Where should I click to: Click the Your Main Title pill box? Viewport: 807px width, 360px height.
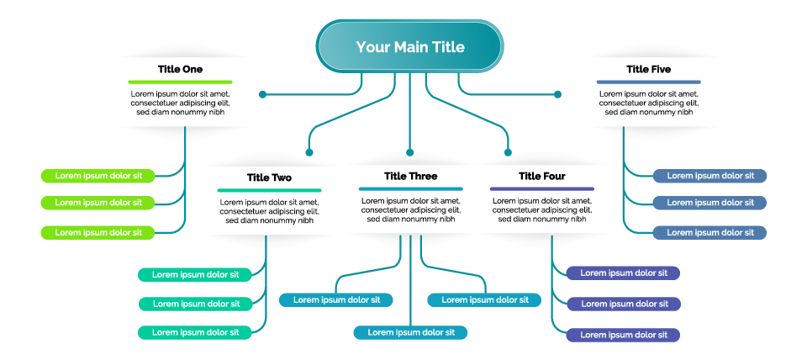409,46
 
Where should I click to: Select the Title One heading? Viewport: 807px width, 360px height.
180,69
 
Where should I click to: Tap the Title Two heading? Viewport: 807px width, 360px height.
269,177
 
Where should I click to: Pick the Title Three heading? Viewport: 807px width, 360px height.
411,176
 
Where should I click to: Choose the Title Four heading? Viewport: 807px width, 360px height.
542,176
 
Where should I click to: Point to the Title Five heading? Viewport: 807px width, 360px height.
648,69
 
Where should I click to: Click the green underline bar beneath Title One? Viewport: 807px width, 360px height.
180,82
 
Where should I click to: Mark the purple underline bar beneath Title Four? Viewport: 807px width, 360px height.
542,189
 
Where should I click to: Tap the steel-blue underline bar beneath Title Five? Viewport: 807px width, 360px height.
648,82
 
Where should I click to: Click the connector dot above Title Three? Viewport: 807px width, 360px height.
409,152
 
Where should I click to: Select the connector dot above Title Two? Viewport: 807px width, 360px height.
309,152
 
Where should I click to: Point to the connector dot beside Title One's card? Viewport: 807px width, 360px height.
262,94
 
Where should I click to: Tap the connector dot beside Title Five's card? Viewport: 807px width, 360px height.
557,94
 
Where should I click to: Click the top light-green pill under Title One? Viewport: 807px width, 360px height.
98,176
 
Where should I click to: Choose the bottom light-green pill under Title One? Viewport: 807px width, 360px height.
98,233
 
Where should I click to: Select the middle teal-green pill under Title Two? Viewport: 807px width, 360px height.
196,304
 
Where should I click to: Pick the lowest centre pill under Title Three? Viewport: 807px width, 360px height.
410,332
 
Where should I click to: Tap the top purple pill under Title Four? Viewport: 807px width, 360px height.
623,273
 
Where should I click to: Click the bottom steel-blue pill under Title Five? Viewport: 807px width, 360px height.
709,233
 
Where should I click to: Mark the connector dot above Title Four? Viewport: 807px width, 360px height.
508,152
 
